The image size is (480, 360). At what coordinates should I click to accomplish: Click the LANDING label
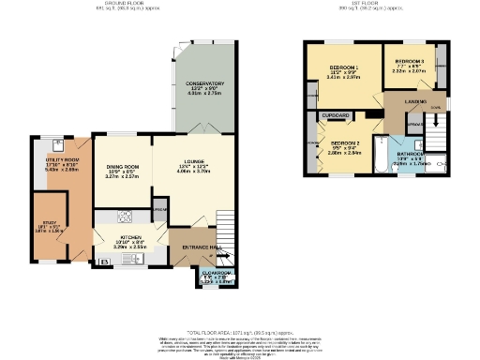coord(416,101)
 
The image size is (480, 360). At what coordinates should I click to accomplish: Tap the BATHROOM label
coord(412,154)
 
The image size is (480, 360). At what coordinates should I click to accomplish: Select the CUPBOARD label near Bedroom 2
coord(336,115)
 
